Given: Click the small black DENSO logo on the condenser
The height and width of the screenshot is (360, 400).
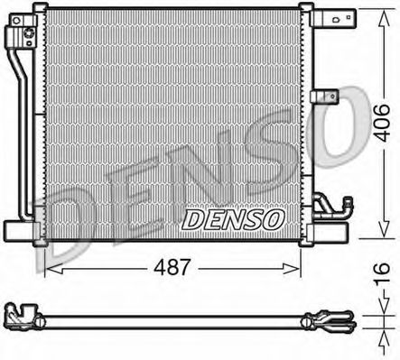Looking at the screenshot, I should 233,219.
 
